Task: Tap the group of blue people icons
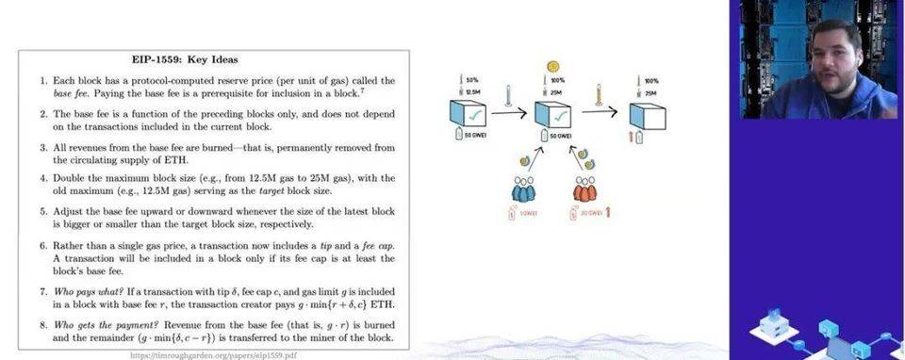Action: [523, 188]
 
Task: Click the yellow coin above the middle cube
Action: [552, 66]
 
